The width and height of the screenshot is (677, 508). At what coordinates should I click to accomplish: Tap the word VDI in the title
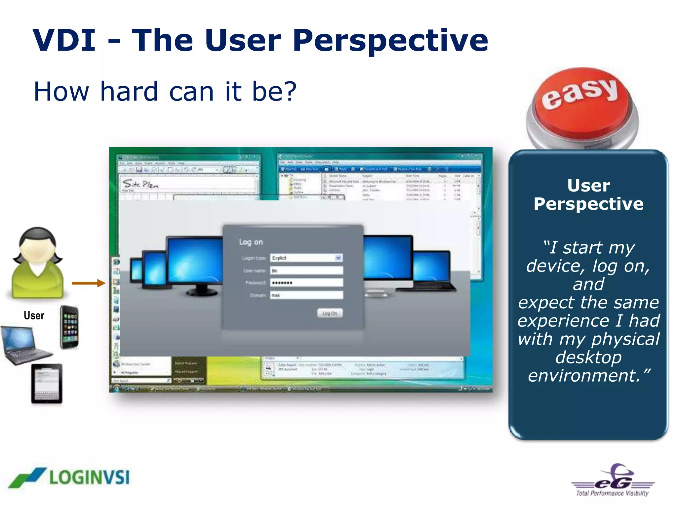click(64, 40)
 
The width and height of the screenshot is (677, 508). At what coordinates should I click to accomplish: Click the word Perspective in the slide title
click(390, 40)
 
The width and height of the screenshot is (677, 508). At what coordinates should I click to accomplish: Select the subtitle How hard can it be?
click(165, 92)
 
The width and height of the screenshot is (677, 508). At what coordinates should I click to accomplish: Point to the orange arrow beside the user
click(88, 283)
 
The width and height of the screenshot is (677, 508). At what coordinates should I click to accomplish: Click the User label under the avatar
click(34, 316)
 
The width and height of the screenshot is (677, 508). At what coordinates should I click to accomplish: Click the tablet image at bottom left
click(47, 384)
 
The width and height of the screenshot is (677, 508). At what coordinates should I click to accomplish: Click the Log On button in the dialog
click(330, 313)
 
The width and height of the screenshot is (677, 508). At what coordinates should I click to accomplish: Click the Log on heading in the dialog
click(251, 242)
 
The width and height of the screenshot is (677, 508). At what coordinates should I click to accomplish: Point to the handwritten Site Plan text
click(140, 184)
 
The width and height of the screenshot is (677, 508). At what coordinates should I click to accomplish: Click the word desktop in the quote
click(588, 357)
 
